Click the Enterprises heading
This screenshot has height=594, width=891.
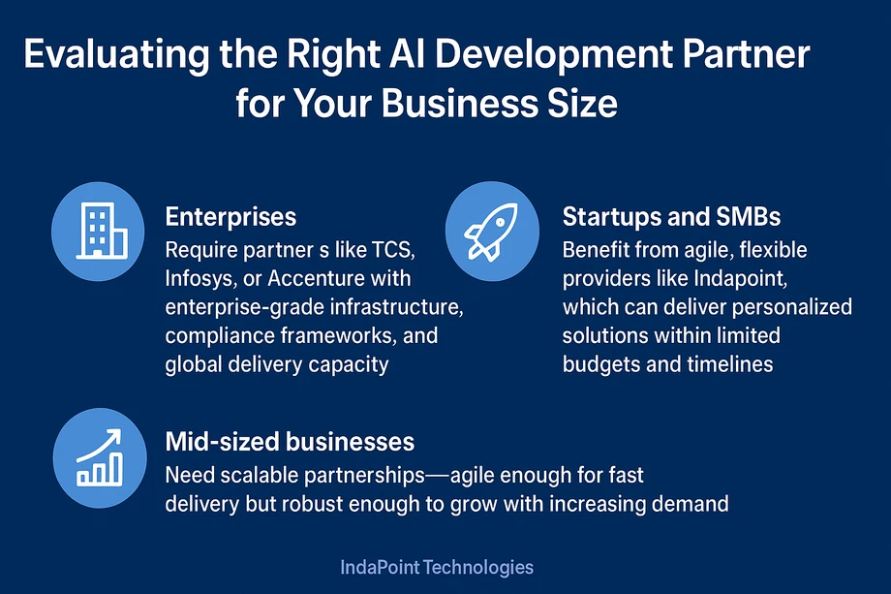click(x=230, y=216)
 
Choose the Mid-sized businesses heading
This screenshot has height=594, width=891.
click(x=290, y=442)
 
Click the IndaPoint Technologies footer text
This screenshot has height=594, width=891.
click(x=437, y=567)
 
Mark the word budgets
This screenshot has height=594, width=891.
click(x=600, y=364)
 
